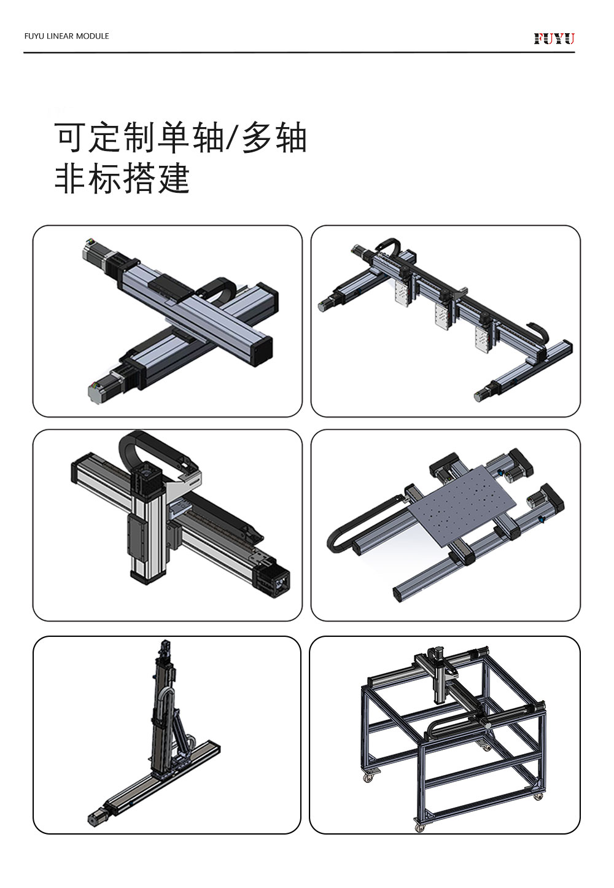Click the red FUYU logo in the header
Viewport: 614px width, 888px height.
(x=554, y=39)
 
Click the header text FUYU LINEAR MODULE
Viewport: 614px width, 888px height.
(x=66, y=36)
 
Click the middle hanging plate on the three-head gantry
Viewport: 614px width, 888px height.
(x=443, y=316)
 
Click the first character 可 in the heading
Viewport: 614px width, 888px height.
(x=70, y=138)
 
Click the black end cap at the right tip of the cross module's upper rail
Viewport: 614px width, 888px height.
(x=263, y=349)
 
